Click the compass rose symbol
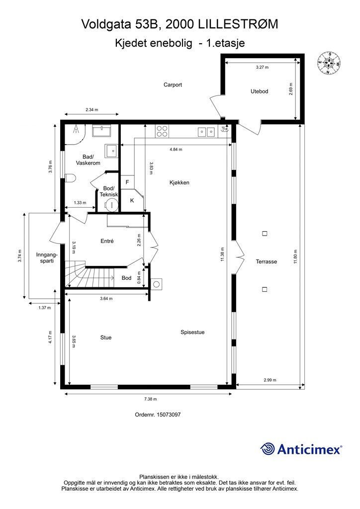(x=329, y=63)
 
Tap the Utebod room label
(x=260, y=91)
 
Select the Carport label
(x=173, y=85)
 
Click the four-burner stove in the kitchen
(x=162, y=131)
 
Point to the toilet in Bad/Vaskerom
(x=70, y=178)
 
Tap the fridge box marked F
(x=127, y=182)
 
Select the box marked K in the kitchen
(x=132, y=201)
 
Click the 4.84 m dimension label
(x=176, y=150)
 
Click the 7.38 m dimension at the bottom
(x=150, y=399)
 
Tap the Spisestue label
(x=192, y=332)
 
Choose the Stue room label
(x=106, y=338)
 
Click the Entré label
(x=107, y=241)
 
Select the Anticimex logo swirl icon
(x=268, y=449)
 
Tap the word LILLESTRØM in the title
(x=238, y=24)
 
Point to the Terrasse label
(x=266, y=261)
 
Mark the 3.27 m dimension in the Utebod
(x=262, y=68)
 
